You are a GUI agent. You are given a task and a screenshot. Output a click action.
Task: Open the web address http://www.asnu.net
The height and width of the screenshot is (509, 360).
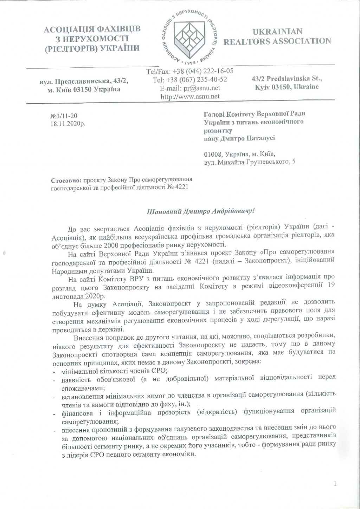[x=190, y=96]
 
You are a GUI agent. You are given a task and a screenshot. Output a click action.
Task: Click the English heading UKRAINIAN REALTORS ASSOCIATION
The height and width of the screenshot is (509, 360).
[x=277, y=37]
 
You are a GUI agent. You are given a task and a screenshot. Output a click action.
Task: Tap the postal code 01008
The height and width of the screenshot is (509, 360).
[x=212, y=154]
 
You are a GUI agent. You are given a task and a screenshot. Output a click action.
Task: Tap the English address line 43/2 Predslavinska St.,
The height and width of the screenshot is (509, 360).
[x=287, y=79]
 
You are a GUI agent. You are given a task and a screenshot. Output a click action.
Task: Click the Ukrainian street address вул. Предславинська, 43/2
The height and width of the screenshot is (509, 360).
[x=83, y=81]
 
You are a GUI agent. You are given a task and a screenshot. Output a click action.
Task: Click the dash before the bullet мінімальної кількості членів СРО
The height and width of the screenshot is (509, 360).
[x=54, y=371]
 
